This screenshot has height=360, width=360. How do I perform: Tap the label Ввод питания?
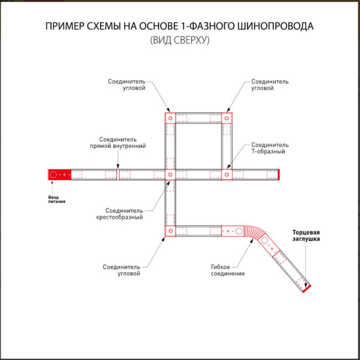click(x=56, y=199)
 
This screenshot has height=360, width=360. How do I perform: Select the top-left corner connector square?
click(x=170, y=119)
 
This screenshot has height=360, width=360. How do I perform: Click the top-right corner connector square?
click(x=227, y=119)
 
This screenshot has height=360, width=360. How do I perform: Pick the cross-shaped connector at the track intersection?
click(x=170, y=174)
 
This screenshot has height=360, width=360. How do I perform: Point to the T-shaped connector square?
click(x=227, y=174)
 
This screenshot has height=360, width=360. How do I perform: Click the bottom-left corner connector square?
click(x=170, y=230)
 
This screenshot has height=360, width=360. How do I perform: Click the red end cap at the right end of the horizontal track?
click(x=280, y=174)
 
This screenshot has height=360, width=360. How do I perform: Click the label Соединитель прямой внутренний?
click(x=117, y=143)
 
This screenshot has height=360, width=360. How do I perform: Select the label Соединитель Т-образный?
click(x=270, y=148)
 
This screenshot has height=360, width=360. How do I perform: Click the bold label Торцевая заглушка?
click(x=306, y=235)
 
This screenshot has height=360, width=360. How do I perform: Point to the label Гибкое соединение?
click(x=228, y=270)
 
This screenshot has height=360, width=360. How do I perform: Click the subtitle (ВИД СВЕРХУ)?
click(x=179, y=40)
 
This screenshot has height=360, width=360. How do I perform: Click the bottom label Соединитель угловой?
click(x=121, y=270)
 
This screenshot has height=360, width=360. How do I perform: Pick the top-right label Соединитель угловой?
click(x=270, y=85)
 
